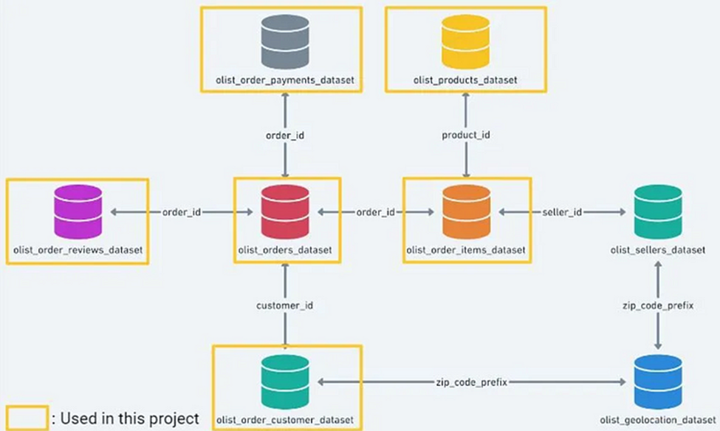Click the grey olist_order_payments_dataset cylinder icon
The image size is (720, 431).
[x=285, y=40]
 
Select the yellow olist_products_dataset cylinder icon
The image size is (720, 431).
[x=465, y=40]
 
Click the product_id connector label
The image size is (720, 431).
[x=466, y=135]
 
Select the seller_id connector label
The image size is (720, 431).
[x=563, y=212]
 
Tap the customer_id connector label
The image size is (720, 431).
[x=285, y=305]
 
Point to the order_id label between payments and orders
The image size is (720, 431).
[x=285, y=135]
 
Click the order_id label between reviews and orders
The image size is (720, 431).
[x=182, y=212]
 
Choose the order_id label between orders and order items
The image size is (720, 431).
[x=376, y=212]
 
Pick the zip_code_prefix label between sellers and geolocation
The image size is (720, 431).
[x=658, y=305]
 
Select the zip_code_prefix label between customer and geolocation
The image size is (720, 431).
[x=470, y=382]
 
